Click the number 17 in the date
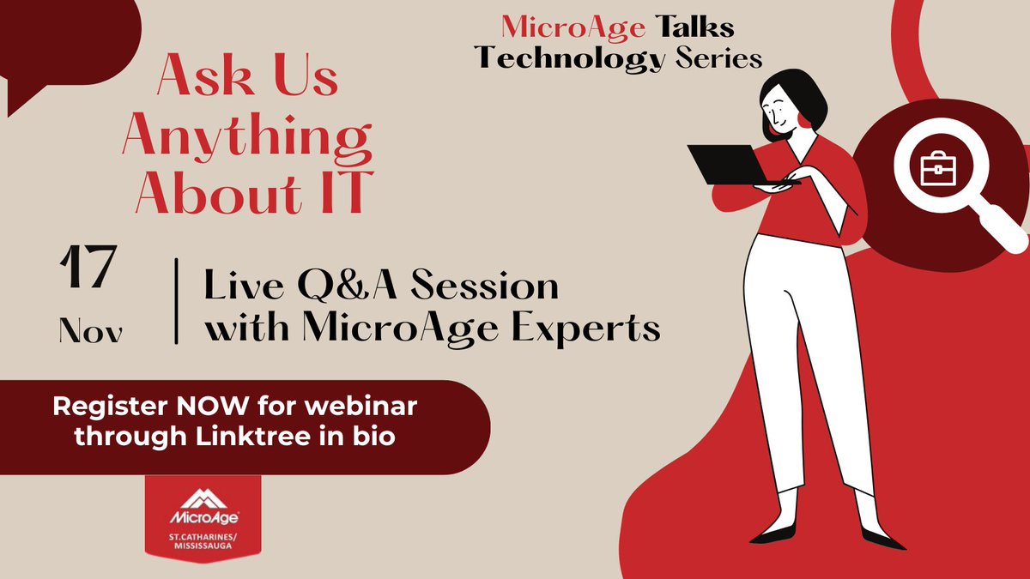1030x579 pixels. click(88, 269)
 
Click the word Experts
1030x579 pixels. click(598, 329)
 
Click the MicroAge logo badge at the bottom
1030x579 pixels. click(203, 519)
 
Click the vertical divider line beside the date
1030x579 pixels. click(177, 300)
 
